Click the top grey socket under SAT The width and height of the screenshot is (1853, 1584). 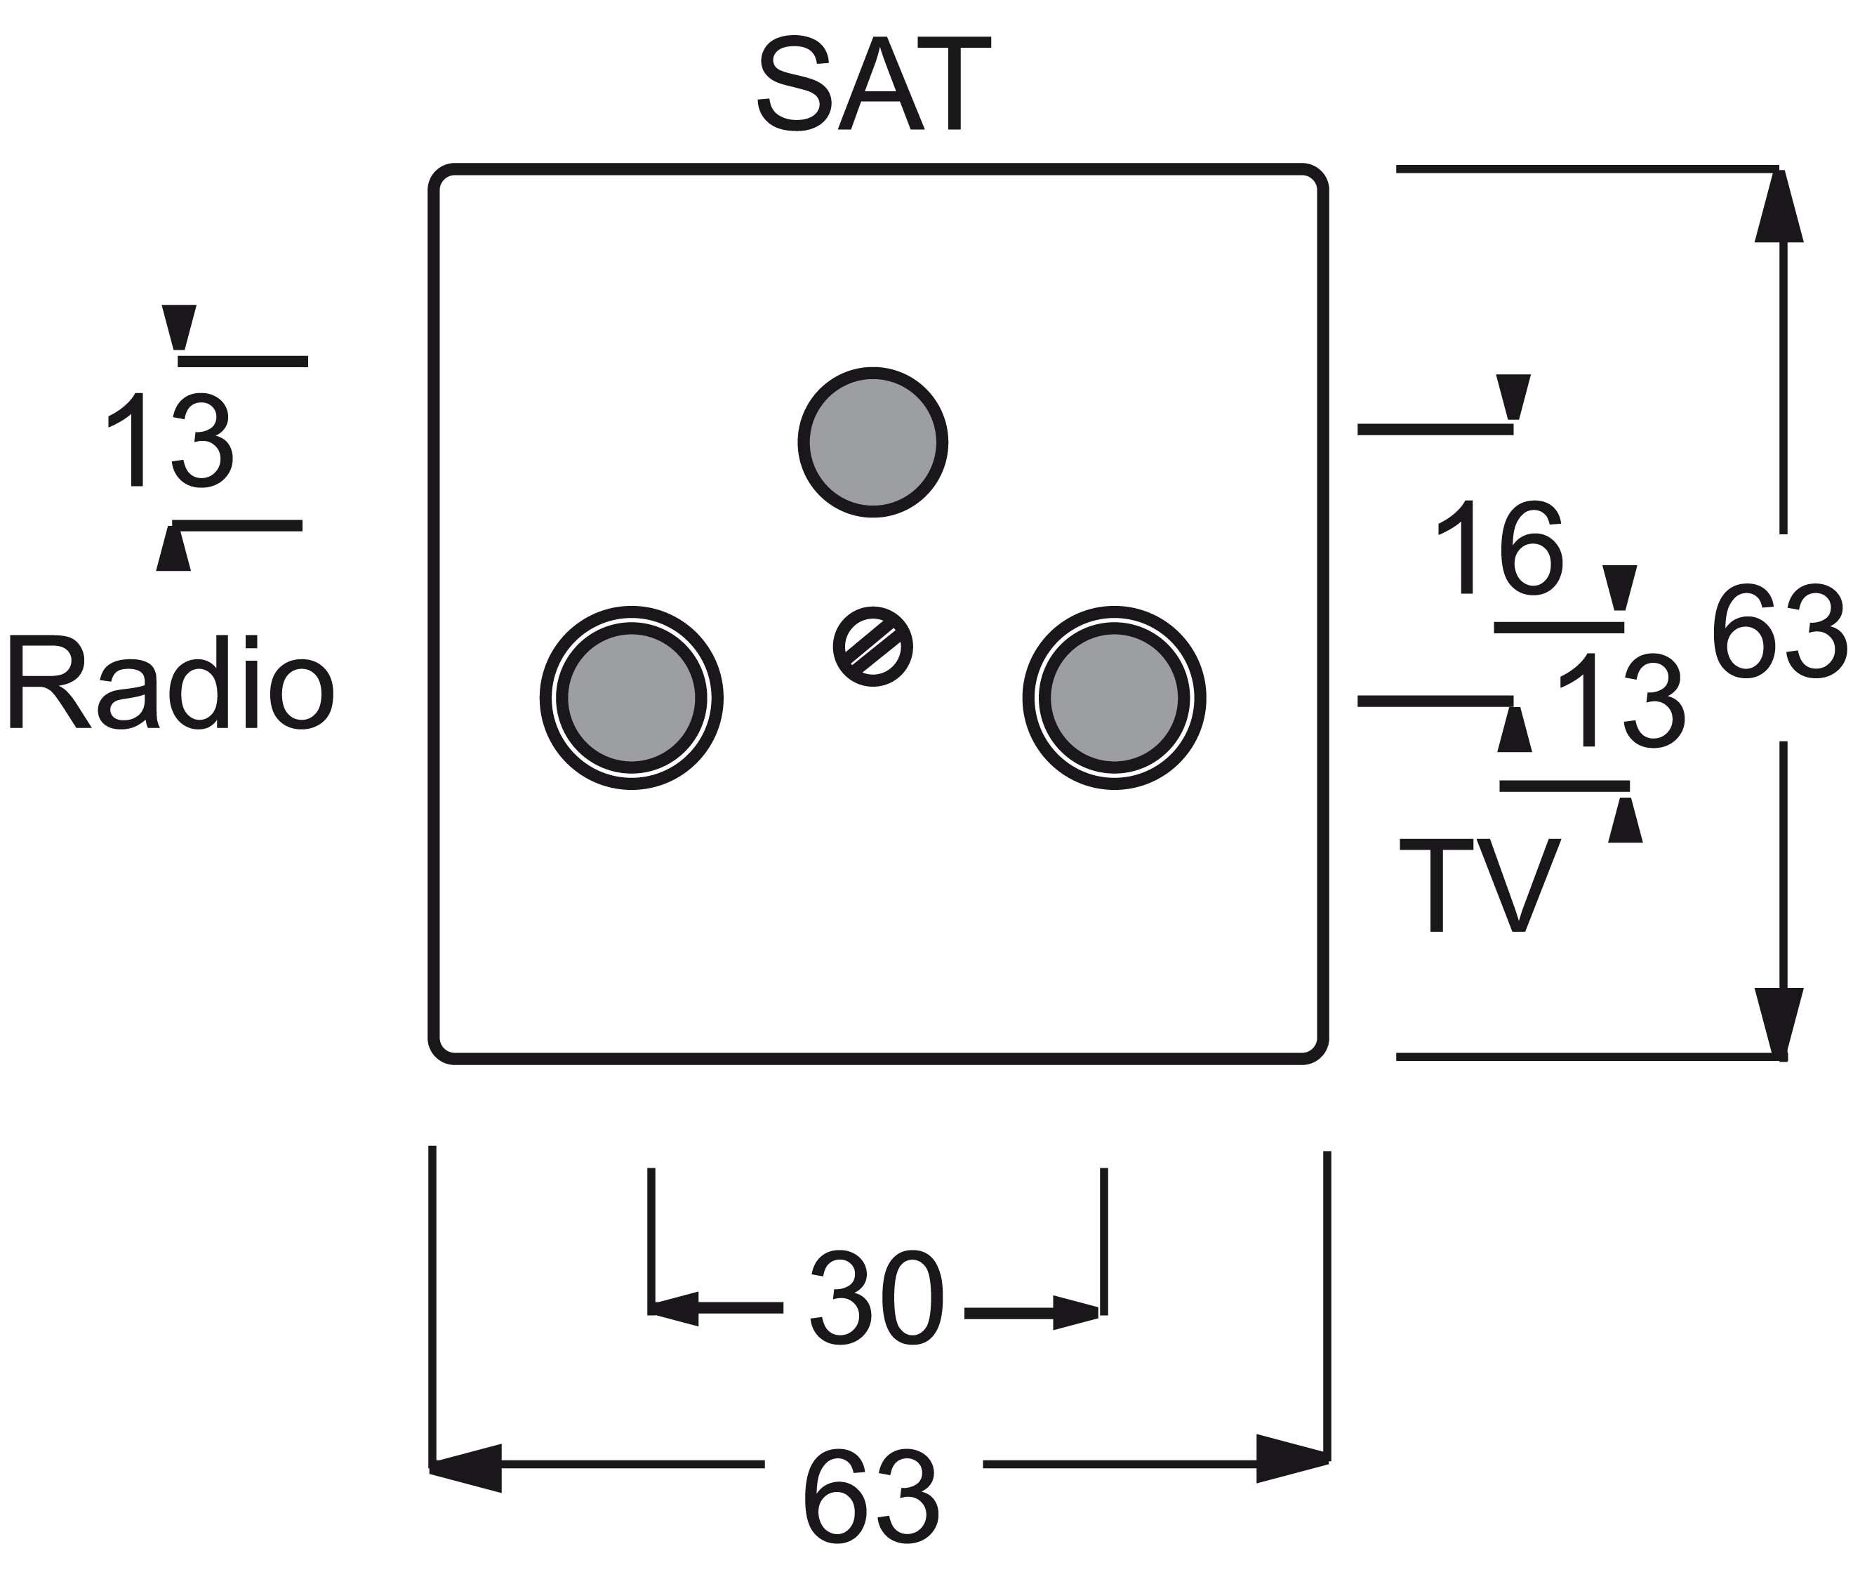click(x=873, y=442)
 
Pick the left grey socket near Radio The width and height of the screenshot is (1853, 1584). click(x=632, y=698)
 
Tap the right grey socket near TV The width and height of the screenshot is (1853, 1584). click(x=1115, y=698)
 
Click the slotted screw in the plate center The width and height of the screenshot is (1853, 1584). click(x=873, y=647)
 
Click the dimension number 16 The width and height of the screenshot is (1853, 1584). click(x=1500, y=546)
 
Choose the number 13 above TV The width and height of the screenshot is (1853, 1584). click(x=1621, y=699)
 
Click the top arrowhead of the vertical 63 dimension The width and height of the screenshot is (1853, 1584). click(x=1779, y=205)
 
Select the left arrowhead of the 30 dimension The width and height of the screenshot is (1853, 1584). click(x=675, y=1309)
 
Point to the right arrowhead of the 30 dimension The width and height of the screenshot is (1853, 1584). click(x=1076, y=1313)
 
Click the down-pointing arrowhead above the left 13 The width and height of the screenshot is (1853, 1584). click(x=179, y=327)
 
